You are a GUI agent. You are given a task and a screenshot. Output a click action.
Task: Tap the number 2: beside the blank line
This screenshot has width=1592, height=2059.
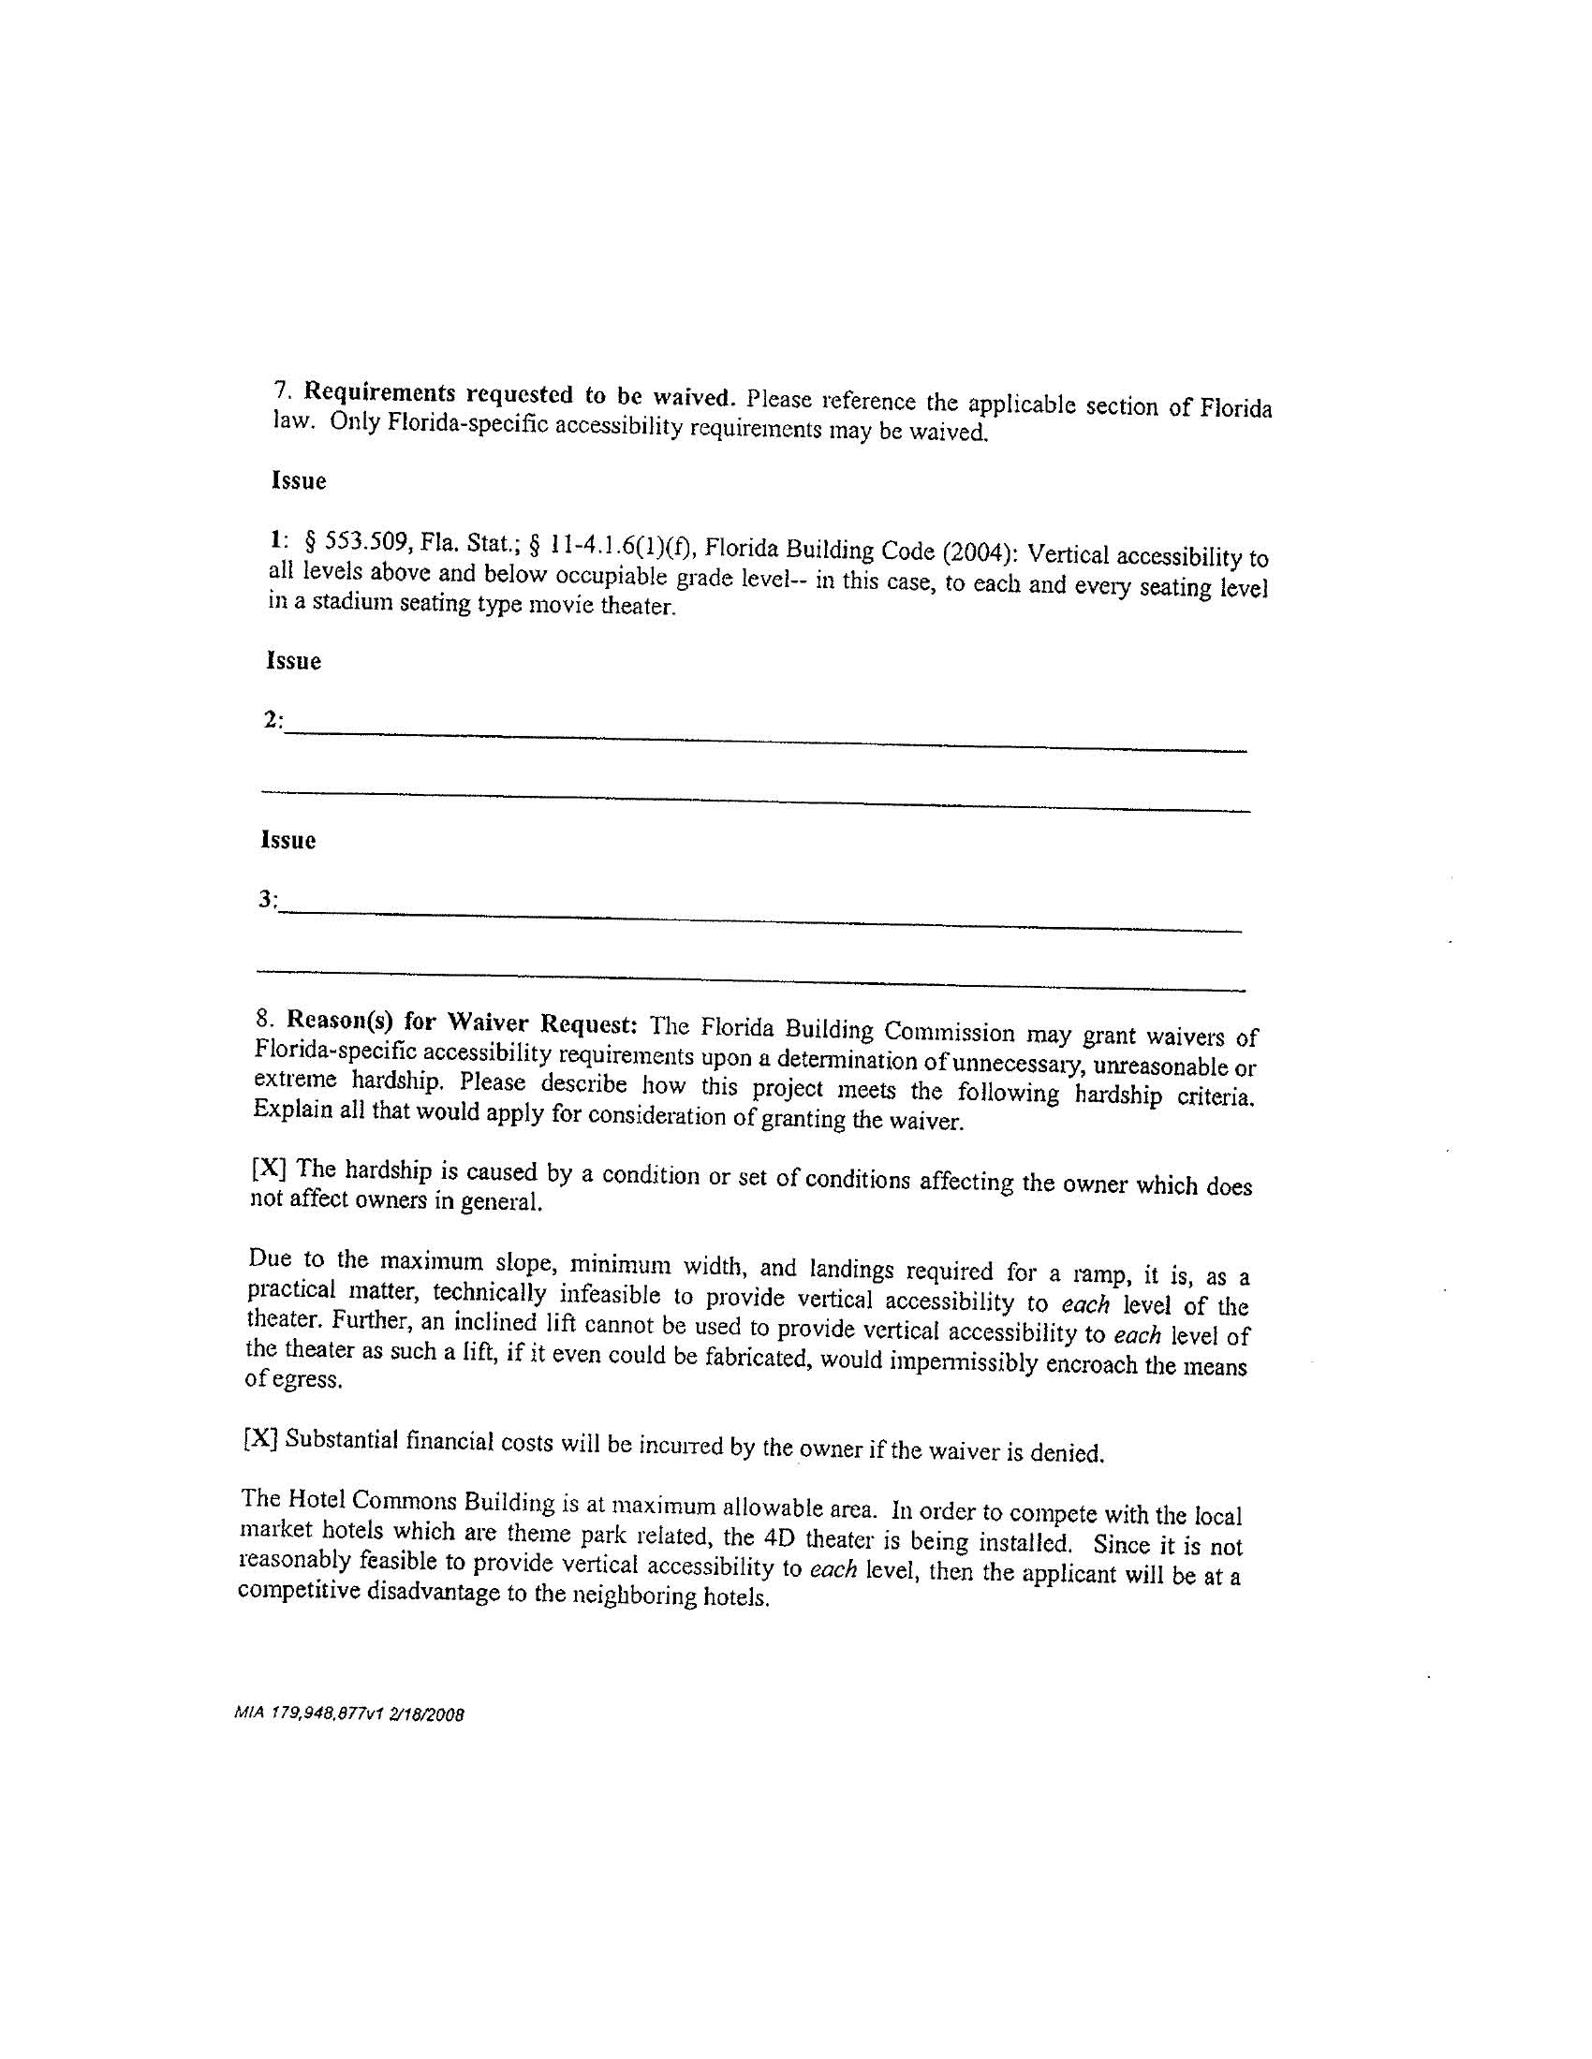273,720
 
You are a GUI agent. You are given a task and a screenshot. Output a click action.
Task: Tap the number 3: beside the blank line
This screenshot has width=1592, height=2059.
268,900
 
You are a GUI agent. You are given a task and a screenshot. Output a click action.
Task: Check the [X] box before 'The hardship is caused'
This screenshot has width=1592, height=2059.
268,1169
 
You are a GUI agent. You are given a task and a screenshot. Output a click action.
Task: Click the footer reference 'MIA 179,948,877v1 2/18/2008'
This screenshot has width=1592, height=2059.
349,1713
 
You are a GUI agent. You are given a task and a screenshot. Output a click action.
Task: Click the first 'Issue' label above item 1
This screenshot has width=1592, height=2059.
299,481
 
